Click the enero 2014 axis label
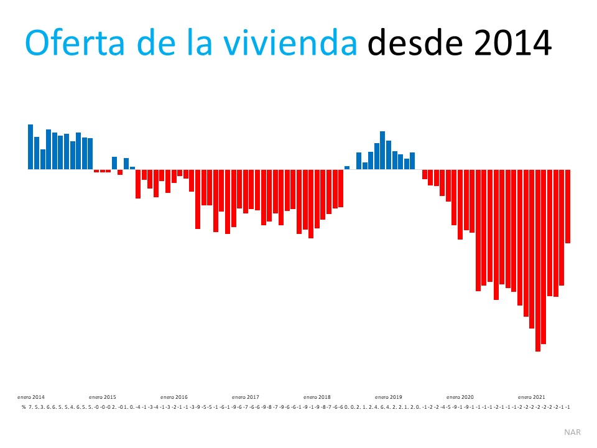point(31,397)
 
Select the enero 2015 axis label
point(103,397)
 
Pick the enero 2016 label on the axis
point(174,397)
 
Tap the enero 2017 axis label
point(246,397)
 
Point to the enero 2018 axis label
point(317,397)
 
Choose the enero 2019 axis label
point(389,397)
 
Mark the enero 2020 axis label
point(460,397)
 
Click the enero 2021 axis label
point(532,397)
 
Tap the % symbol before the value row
point(24,407)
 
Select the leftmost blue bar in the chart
point(30,147)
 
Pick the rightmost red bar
point(568,206)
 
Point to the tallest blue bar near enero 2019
point(382,150)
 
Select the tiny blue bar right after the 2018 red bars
point(347,167)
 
